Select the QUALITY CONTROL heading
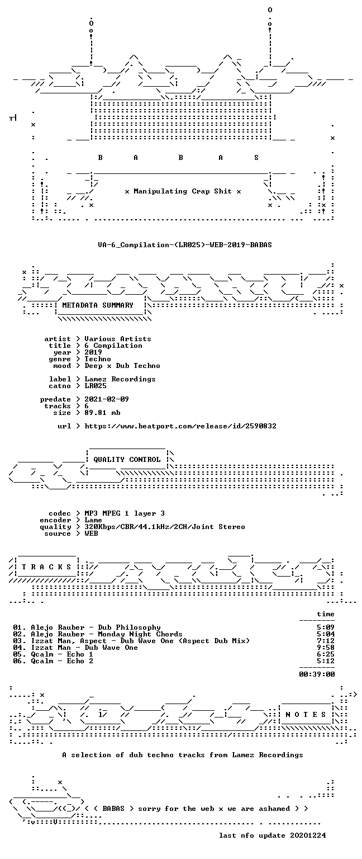tap(127, 459)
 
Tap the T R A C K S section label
tap(46, 567)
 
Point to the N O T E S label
tap(306, 714)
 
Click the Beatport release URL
tap(180, 426)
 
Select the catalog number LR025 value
tap(96, 386)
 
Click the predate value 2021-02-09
tap(107, 399)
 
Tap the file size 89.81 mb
tap(102, 413)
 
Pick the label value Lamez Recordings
tap(120, 379)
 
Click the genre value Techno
tap(98, 359)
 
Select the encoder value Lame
tap(93, 520)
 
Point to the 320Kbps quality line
tap(165, 527)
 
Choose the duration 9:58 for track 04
tap(326, 647)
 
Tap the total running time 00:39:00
tap(317, 674)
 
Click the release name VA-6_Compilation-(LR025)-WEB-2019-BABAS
tap(185, 244)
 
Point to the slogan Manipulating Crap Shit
tap(182, 191)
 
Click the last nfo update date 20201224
tap(308, 835)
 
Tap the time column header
tap(326, 614)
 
